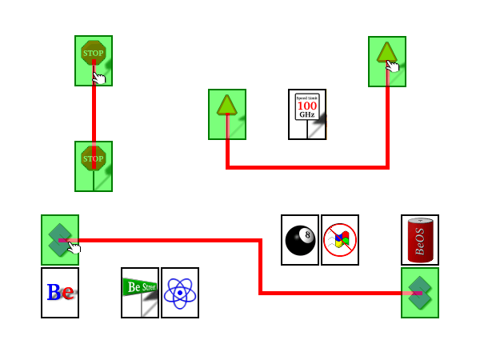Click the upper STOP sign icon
click(93, 54)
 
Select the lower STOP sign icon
click(93, 159)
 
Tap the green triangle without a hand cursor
click(226, 105)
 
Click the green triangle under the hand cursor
click(386, 53)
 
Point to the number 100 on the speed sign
click(306, 105)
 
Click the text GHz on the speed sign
click(306, 114)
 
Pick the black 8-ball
click(299, 240)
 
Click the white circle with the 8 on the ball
click(307, 234)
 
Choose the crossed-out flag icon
click(339, 240)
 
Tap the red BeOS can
click(419, 239)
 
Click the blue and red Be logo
click(59, 293)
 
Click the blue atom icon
click(179, 293)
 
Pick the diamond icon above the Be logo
click(59, 239)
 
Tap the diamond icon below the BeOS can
click(419, 293)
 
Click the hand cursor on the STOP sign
click(98, 78)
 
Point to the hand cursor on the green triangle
click(392, 66)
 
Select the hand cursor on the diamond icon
click(74, 247)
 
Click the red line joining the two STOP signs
click(94, 112)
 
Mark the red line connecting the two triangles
click(307, 167)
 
